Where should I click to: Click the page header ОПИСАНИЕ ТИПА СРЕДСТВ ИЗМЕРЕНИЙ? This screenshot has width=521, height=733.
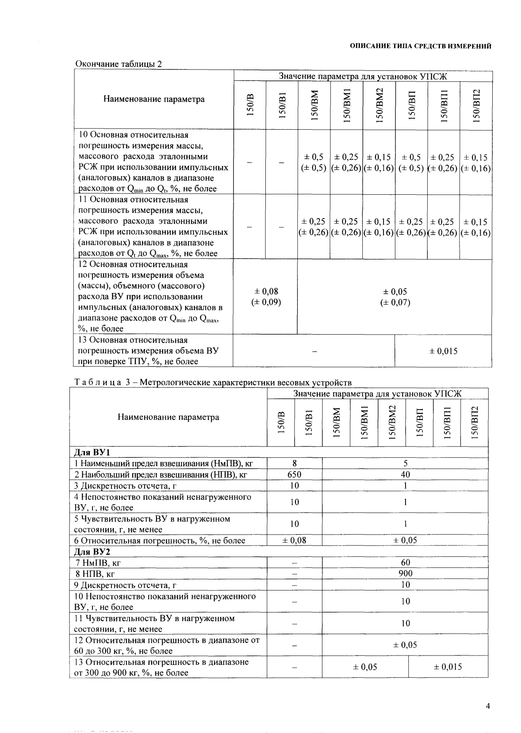tap(420, 46)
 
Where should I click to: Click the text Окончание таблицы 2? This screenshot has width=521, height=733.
tap(119, 64)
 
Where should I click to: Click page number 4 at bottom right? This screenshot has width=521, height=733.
tap(488, 706)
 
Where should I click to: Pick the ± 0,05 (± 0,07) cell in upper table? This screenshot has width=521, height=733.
tap(395, 297)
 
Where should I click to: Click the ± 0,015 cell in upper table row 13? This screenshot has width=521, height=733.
tap(443, 351)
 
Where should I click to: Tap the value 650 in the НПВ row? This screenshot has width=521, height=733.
tap(294, 475)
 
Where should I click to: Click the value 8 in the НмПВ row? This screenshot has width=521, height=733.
tap(294, 463)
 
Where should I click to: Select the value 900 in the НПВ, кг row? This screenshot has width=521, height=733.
tap(405, 573)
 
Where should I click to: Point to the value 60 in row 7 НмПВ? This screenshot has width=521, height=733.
tap(405, 562)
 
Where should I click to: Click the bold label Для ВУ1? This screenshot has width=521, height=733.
tap(91, 452)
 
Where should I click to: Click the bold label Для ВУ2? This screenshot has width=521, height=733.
tap(91, 552)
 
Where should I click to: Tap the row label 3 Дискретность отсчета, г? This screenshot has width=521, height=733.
tap(125, 486)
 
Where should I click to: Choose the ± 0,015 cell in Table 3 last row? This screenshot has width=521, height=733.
tap(448, 667)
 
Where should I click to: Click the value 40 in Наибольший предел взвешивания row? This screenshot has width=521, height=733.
tap(405, 475)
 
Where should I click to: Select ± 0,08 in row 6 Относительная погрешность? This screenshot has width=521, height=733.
tap(294, 540)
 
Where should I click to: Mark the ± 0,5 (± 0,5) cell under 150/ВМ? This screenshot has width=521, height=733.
tap(314, 162)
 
